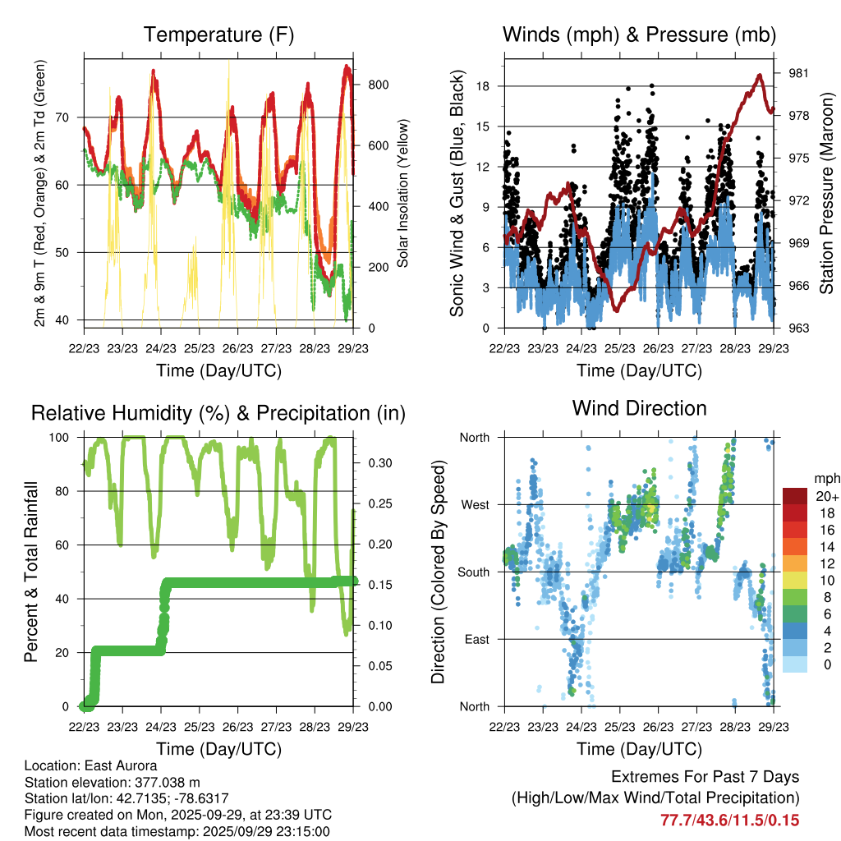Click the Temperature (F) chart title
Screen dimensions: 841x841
click(x=218, y=35)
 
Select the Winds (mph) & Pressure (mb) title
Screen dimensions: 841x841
click(x=639, y=35)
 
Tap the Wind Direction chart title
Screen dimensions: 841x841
click(x=639, y=408)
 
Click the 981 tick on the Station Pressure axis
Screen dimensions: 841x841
click(x=797, y=73)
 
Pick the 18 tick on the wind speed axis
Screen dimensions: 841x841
click(x=483, y=86)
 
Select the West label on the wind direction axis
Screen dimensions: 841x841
click(x=475, y=504)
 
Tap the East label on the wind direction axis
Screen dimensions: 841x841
click(x=476, y=639)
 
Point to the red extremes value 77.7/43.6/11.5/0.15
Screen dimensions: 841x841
click(x=729, y=820)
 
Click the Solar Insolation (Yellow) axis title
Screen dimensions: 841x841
click(x=403, y=193)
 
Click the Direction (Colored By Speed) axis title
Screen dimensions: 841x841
click(x=438, y=572)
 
